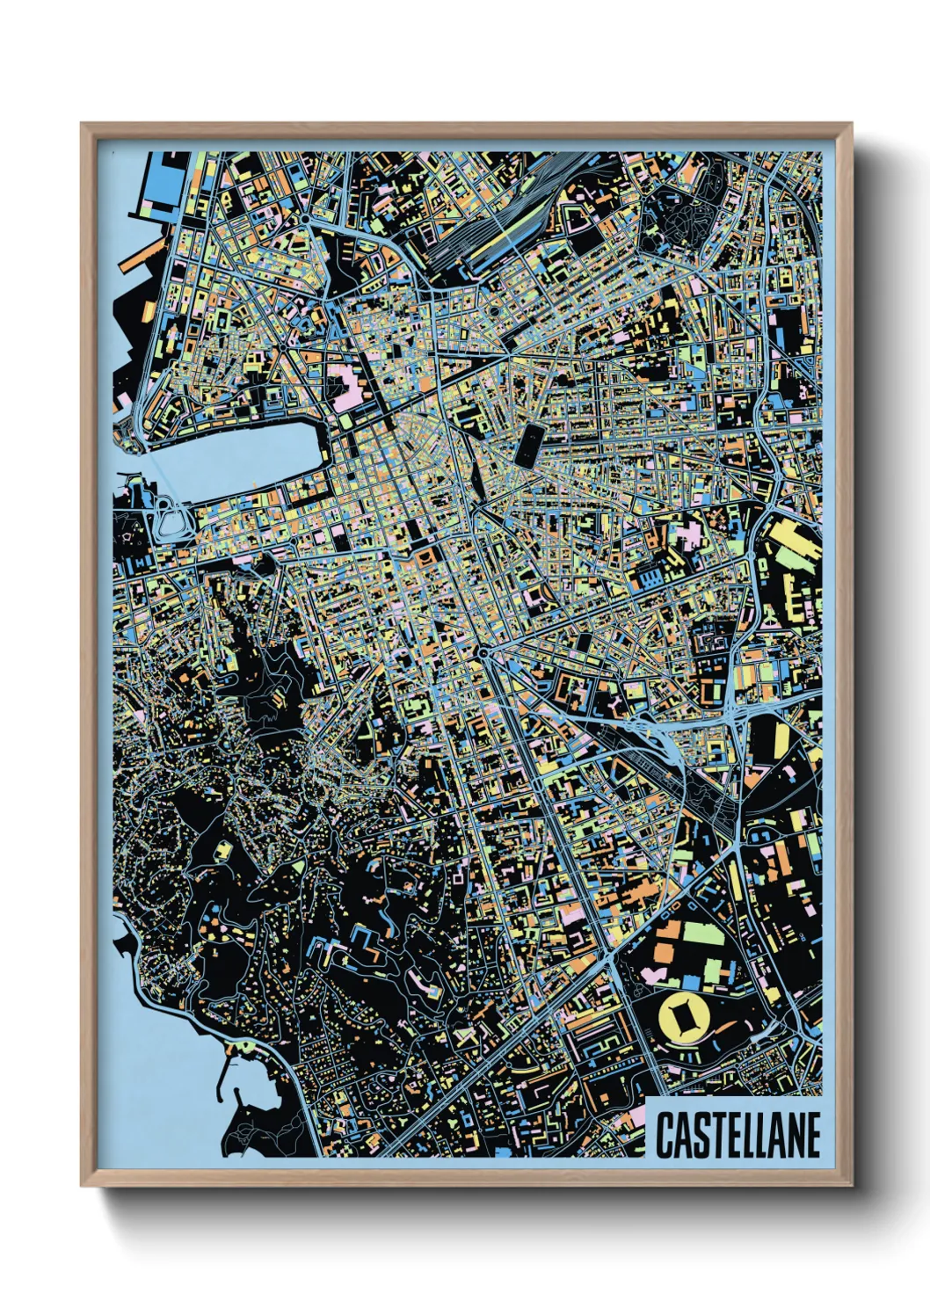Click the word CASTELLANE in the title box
[x=737, y=1135]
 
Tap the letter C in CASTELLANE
[x=665, y=1135]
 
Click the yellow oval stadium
[x=685, y=1018]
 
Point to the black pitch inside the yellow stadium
[x=685, y=1018]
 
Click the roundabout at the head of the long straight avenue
[x=483, y=653]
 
